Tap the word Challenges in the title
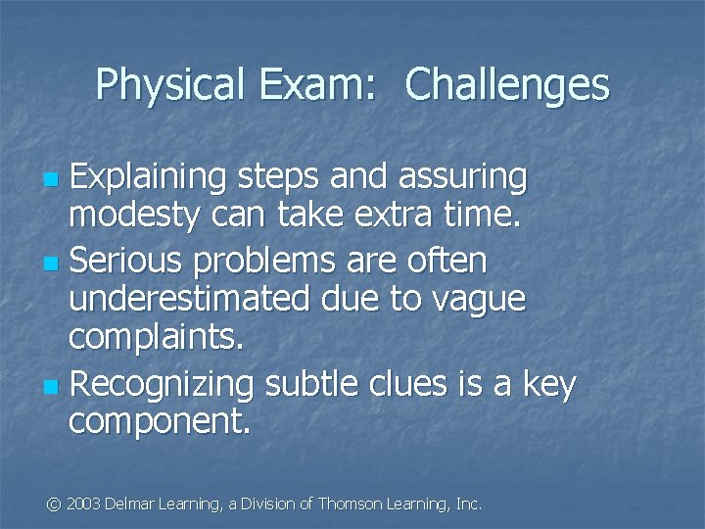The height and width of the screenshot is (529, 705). click(x=506, y=86)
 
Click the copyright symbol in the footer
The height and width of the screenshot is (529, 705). click(x=55, y=505)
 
